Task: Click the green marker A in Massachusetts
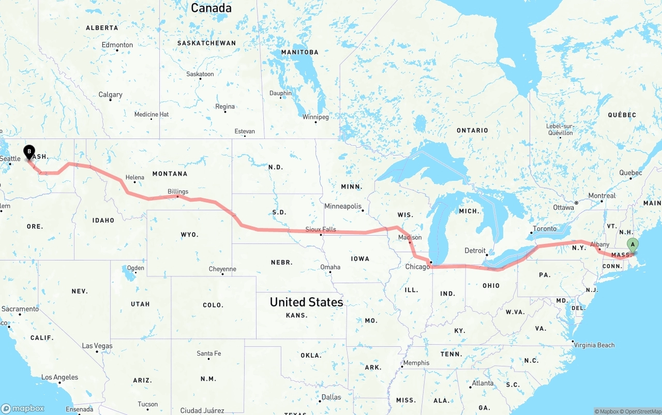(632, 245)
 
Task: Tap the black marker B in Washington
(29, 152)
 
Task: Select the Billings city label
(178, 191)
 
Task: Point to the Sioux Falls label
(321, 229)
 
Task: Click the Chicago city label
(417, 266)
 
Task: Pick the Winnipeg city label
(315, 117)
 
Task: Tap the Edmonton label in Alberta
(117, 45)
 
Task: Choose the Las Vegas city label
(97, 346)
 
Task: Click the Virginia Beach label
(594, 345)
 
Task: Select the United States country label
(306, 302)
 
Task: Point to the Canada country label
(211, 8)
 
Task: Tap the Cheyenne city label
(222, 269)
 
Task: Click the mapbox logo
(23, 408)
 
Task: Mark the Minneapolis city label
(343, 206)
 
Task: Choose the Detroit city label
(475, 251)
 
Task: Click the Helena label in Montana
(135, 177)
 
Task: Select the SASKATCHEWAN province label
(206, 43)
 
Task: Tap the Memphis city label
(416, 362)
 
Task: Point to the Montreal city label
(602, 196)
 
